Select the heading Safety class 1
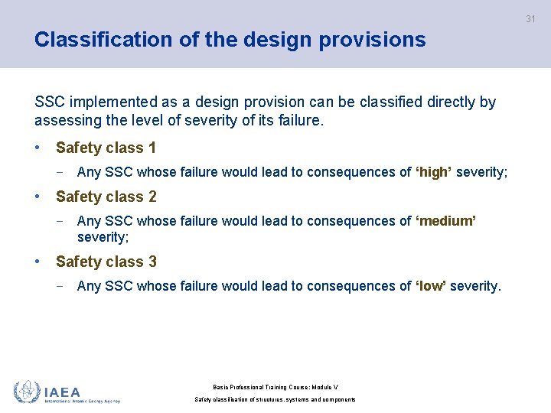tap(106, 148)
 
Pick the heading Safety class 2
tap(106, 197)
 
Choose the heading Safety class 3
tap(106, 262)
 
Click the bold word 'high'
tap(432, 172)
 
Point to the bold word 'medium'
tap(445, 221)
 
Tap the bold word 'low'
tap(431, 286)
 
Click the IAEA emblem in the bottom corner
tap(27, 391)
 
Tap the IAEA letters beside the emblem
tap(63, 391)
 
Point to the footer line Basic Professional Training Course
tap(275, 388)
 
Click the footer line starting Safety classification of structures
tap(275, 399)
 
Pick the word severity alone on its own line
tap(103, 237)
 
